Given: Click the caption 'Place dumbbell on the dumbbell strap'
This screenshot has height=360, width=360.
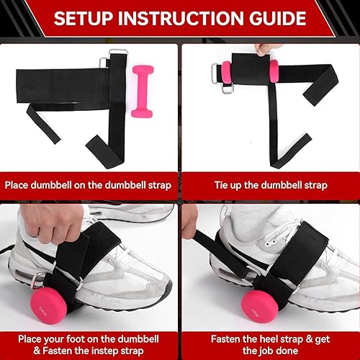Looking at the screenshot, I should click(x=89, y=185).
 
